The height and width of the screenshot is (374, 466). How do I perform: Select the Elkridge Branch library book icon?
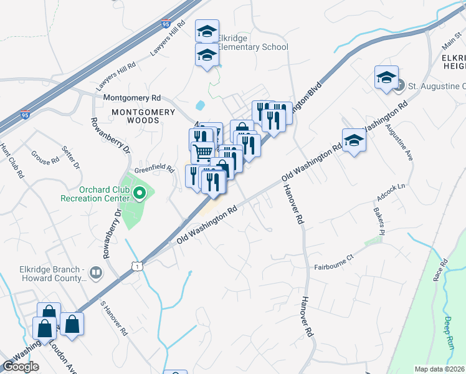(96, 272)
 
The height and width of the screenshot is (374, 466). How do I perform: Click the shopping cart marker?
(202, 151)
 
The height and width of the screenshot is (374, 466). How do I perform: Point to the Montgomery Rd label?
(131, 98)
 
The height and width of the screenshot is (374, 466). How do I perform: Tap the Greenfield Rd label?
(154, 168)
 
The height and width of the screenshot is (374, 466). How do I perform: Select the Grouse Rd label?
(45, 160)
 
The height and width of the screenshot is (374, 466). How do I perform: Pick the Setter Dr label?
(72, 158)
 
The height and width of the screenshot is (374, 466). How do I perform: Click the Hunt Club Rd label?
(11, 161)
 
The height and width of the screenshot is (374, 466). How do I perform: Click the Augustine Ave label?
(399, 143)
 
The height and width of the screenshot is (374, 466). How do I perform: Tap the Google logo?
(21, 367)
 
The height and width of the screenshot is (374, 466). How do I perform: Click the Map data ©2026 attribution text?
(439, 369)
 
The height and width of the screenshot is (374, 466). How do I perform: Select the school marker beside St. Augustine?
(386, 78)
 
